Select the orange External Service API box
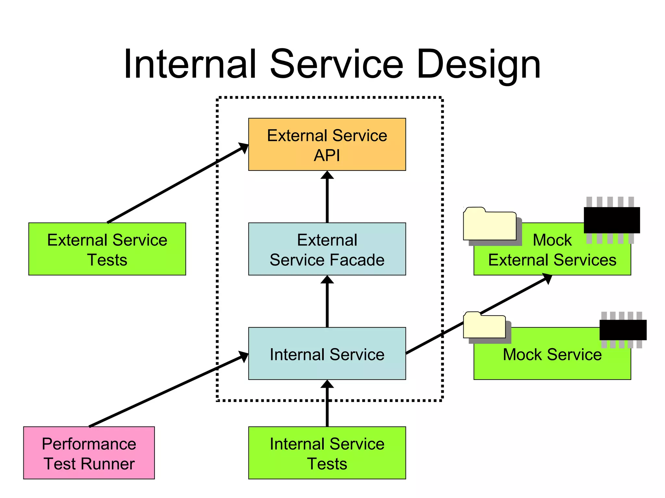[x=327, y=145]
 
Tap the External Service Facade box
[x=327, y=249]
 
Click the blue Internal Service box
[x=327, y=354]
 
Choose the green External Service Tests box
[x=107, y=249]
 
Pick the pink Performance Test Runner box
[x=89, y=453]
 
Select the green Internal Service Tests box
[x=327, y=453]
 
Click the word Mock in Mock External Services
[x=552, y=240]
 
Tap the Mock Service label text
[x=552, y=354]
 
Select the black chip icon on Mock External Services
[x=612, y=220]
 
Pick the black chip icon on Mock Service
[x=623, y=330]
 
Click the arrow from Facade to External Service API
[x=327, y=198]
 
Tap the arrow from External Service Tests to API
[x=175, y=184]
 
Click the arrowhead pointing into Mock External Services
[x=547, y=278]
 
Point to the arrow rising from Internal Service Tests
[x=327, y=405]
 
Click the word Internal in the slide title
[x=190, y=64]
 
